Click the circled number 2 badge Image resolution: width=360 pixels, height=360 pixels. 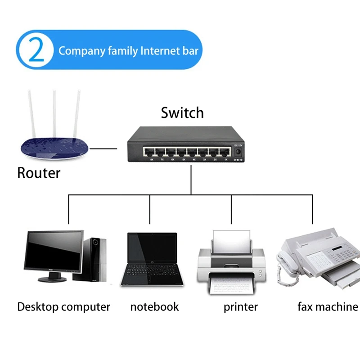point(36,50)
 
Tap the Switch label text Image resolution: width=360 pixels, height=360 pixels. point(182,112)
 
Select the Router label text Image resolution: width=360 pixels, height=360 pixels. point(39,172)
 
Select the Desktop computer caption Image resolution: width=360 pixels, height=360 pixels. point(63,307)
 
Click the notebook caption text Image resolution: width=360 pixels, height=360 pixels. point(154,307)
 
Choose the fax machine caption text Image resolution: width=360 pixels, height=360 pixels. point(328,307)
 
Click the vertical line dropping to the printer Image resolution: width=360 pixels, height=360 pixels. point(231,209)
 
